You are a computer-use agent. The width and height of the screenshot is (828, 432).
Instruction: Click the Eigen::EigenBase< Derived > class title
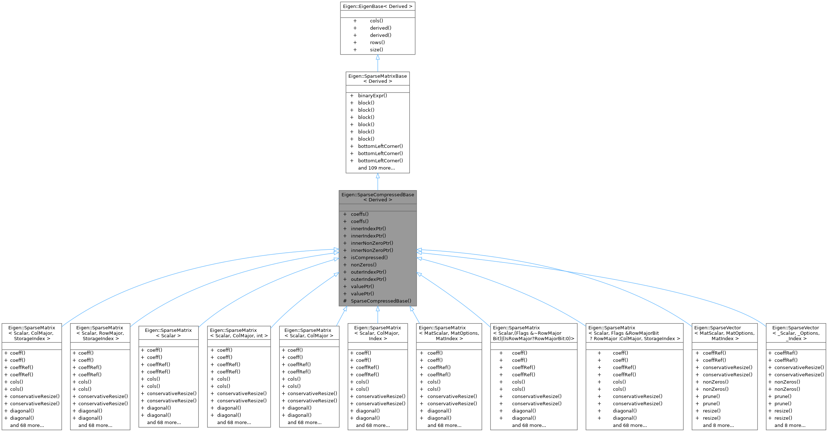click(377, 6)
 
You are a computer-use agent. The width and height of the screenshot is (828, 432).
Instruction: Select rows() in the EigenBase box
click(377, 42)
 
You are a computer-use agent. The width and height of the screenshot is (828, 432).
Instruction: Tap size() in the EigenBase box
click(376, 50)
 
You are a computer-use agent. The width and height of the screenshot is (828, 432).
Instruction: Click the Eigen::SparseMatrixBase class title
click(377, 78)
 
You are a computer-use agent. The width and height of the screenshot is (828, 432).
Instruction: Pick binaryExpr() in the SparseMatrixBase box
click(372, 95)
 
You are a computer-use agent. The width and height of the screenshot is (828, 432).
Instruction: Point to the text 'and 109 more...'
click(376, 168)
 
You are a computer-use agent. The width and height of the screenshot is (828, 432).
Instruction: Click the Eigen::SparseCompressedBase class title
click(378, 197)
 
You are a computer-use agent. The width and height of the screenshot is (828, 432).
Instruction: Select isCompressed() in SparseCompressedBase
click(369, 257)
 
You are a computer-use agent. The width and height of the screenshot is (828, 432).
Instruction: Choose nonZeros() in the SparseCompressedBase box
click(363, 265)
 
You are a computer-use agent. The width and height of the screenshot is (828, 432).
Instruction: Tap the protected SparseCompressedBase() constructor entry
click(381, 301)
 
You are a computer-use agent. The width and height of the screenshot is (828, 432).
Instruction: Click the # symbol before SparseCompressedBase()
click(345, 301)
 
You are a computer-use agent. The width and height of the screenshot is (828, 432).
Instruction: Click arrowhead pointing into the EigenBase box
click(378, 57)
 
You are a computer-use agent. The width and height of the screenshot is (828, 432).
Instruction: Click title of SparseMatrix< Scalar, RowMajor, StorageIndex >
click(100, 333)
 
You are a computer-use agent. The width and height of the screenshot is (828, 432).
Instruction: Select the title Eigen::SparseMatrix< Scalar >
click(168, 333)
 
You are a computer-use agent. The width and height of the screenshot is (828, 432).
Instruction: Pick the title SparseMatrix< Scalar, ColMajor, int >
click(239, 333)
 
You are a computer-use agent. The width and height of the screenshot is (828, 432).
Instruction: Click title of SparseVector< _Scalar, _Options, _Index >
click(796, 333)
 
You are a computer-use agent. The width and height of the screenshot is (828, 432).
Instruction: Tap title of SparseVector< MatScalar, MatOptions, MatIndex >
click(724, 333)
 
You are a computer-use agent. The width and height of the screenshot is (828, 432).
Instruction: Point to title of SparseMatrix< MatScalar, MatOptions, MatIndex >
click(449, 333)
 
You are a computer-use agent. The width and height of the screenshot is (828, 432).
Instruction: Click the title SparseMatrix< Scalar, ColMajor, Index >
click(378, 333)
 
